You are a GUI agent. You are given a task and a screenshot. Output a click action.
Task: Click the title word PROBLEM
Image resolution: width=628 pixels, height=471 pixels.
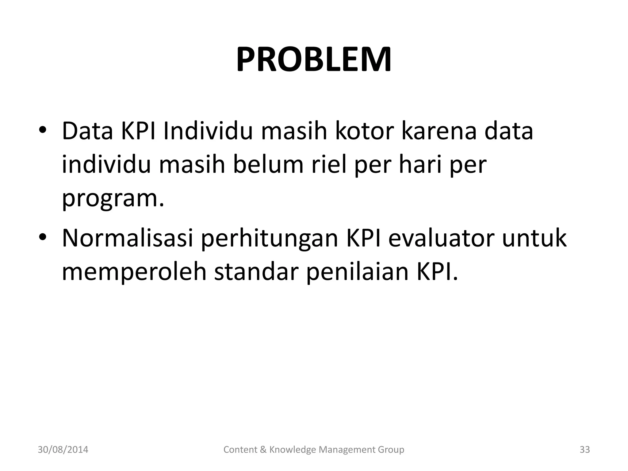314,59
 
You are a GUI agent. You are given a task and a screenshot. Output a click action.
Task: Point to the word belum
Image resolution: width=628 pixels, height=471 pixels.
269,165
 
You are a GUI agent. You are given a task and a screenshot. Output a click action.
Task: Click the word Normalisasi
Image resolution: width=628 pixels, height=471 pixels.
127,238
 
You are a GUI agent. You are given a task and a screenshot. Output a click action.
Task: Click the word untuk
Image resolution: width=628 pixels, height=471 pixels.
534,238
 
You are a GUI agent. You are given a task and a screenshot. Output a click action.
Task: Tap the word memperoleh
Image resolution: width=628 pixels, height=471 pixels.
134,272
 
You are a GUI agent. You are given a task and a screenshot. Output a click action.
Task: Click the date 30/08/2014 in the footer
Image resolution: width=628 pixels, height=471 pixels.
63,450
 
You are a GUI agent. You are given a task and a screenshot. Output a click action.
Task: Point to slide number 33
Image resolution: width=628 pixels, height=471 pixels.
584,450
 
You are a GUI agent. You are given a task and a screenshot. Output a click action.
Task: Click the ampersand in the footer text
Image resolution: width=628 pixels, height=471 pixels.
263,450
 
